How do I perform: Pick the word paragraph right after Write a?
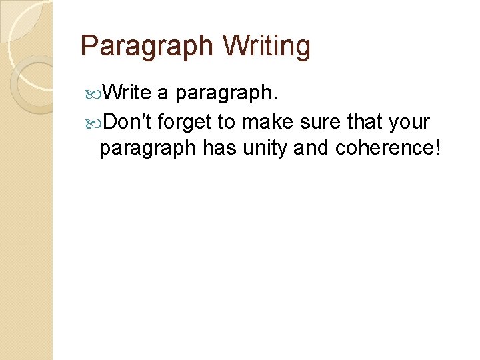pos(227,93)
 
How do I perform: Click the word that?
pos(364,122)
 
